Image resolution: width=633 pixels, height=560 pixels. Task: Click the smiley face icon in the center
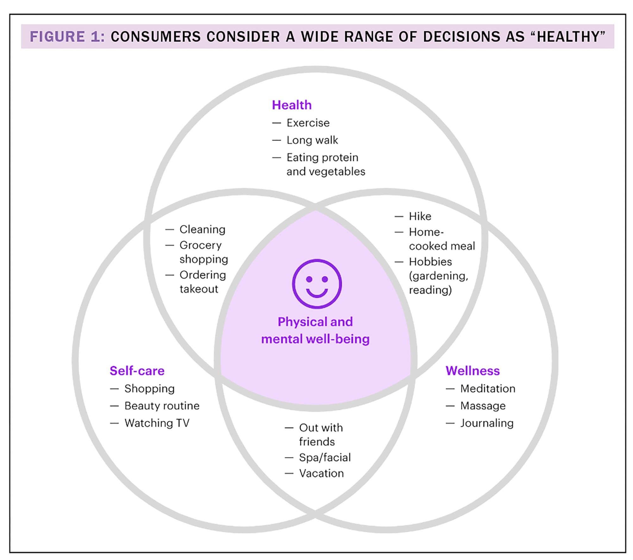(317, 284)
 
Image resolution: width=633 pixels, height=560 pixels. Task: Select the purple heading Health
(291, 105)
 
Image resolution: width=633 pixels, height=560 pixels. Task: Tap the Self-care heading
(137, 371)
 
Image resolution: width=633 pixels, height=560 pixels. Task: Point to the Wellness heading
(473, 371)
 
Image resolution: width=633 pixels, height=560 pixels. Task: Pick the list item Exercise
(308, 123)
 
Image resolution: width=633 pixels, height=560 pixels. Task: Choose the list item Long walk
(312, 140)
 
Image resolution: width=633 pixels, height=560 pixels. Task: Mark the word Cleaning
(202, 229)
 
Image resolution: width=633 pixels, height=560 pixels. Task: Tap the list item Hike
(420, 216)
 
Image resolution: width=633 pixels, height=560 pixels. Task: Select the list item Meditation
(488, 389)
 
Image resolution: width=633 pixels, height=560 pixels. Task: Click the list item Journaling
(487, 423)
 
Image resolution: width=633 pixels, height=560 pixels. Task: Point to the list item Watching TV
(157, 423)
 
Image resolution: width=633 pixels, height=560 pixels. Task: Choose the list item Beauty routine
(162, 406)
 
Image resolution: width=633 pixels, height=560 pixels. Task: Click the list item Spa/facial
(325, 457)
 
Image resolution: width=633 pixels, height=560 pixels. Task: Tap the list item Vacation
(321, 474)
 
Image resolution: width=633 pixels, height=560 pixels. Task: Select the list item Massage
(483, 406)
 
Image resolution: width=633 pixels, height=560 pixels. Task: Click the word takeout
(199, 289)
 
